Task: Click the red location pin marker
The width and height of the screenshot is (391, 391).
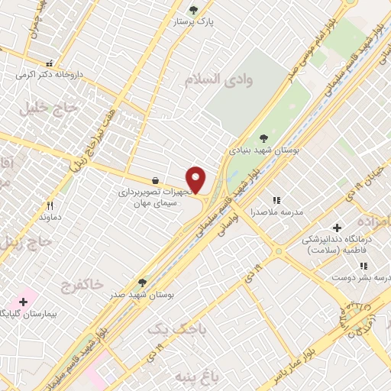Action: point(196,179)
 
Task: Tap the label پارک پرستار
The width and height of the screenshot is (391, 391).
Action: point(213,23)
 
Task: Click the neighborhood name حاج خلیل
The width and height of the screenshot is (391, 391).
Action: point(52,108)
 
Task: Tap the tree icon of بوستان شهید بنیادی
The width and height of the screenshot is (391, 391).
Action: point(263,138)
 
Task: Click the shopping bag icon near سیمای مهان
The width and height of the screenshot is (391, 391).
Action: point(157,180)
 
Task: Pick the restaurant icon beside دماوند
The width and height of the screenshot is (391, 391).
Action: point(50,205)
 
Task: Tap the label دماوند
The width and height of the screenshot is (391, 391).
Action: point(50,217)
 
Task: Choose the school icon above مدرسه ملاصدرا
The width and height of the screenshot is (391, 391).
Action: point(276,200)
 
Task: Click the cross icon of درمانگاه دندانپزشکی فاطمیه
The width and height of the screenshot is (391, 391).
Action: point(337,227)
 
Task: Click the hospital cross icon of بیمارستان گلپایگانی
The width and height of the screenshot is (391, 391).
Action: point(23,302)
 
